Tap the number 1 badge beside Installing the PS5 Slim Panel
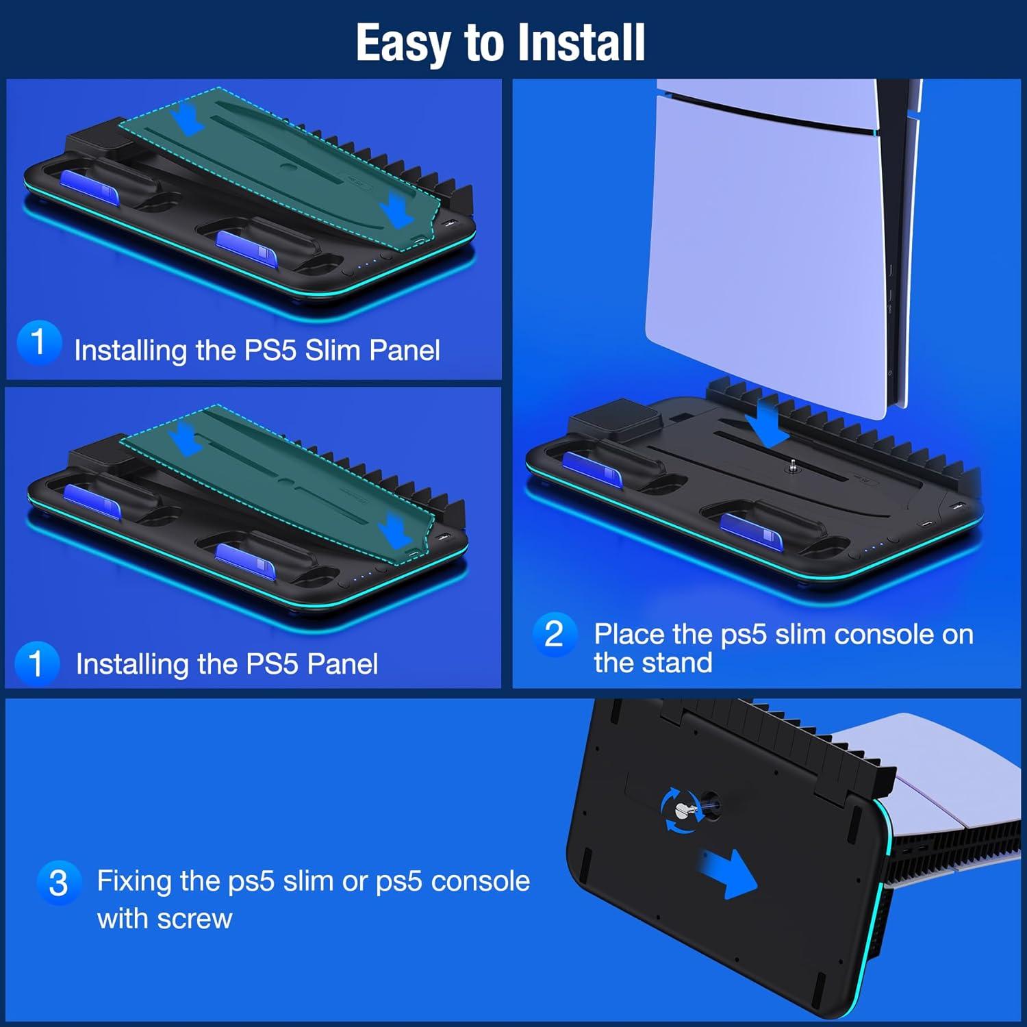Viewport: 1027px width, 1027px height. (38, 342)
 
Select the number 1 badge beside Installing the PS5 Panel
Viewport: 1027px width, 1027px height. (37, 663)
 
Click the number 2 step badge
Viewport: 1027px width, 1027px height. (554, 634)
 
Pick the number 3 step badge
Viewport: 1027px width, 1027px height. (59, 883)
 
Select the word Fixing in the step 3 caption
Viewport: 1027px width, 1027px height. (134, 881)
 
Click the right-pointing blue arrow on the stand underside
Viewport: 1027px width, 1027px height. (728, 873)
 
